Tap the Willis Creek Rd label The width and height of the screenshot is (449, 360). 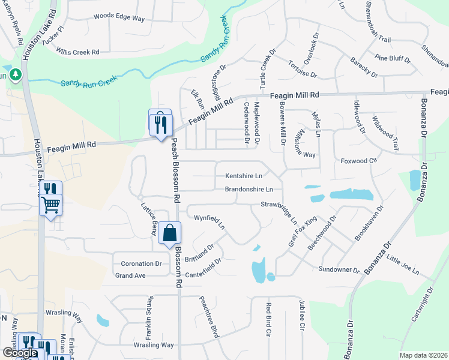coord(77,52)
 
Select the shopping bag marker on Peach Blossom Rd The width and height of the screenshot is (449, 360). coord(170,233)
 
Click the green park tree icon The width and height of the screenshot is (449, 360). coord(15,75)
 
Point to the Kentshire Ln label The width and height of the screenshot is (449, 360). coord(244,176)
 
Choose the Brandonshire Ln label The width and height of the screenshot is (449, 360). coord(249,190)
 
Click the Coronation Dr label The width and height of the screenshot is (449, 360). coord(142,263)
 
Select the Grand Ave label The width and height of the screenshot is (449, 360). coord(130,275)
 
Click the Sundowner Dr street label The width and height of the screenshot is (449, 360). coord(339,270)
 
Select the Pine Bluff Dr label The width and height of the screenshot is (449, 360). coord(392,59)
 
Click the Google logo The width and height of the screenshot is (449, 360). coord(20,353)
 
